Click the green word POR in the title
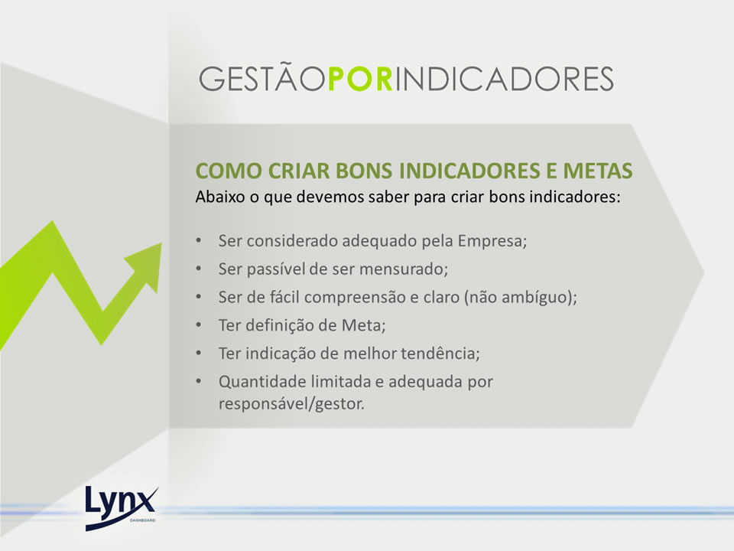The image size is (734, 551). pos(360,79)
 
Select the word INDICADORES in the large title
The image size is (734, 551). pos(504,79)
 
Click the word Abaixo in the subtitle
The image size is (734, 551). pos(220,197)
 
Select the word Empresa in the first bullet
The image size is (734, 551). pos(492,241)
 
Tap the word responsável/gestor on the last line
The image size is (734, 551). pos(291,404)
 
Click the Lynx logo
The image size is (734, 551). pos(122,508)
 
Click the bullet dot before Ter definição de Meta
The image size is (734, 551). pos(199,324)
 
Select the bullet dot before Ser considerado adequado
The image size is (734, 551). pos(199,240)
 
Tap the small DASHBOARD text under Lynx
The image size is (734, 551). pos(143,520)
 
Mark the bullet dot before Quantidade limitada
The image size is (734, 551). pos(199,381)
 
